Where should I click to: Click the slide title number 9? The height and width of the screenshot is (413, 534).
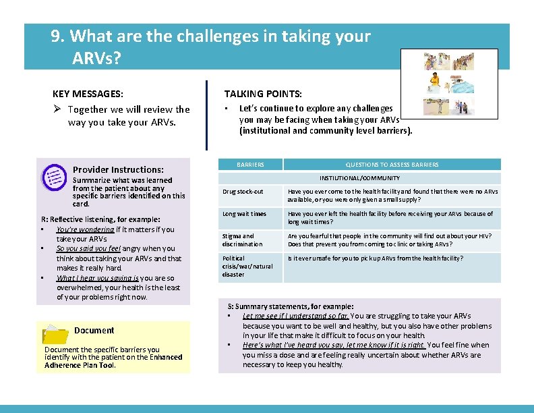click(x=56, y=36)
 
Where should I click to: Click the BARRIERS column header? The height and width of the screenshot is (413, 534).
click(x=250, y=165)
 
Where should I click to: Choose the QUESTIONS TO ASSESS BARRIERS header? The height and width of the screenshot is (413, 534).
click(x=392, y=165)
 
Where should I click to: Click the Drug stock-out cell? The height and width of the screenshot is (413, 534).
click(x=242, y=192)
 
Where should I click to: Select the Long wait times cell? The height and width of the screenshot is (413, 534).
click(x=244, y=214)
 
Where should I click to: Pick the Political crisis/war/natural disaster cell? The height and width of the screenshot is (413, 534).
click(x=247, y=266)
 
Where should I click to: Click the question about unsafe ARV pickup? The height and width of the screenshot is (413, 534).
click(x=376, y=258)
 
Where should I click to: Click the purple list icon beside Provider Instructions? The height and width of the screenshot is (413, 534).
click(x=53, y=177)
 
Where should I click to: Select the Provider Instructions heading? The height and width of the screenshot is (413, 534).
click(x=118, y=169)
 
